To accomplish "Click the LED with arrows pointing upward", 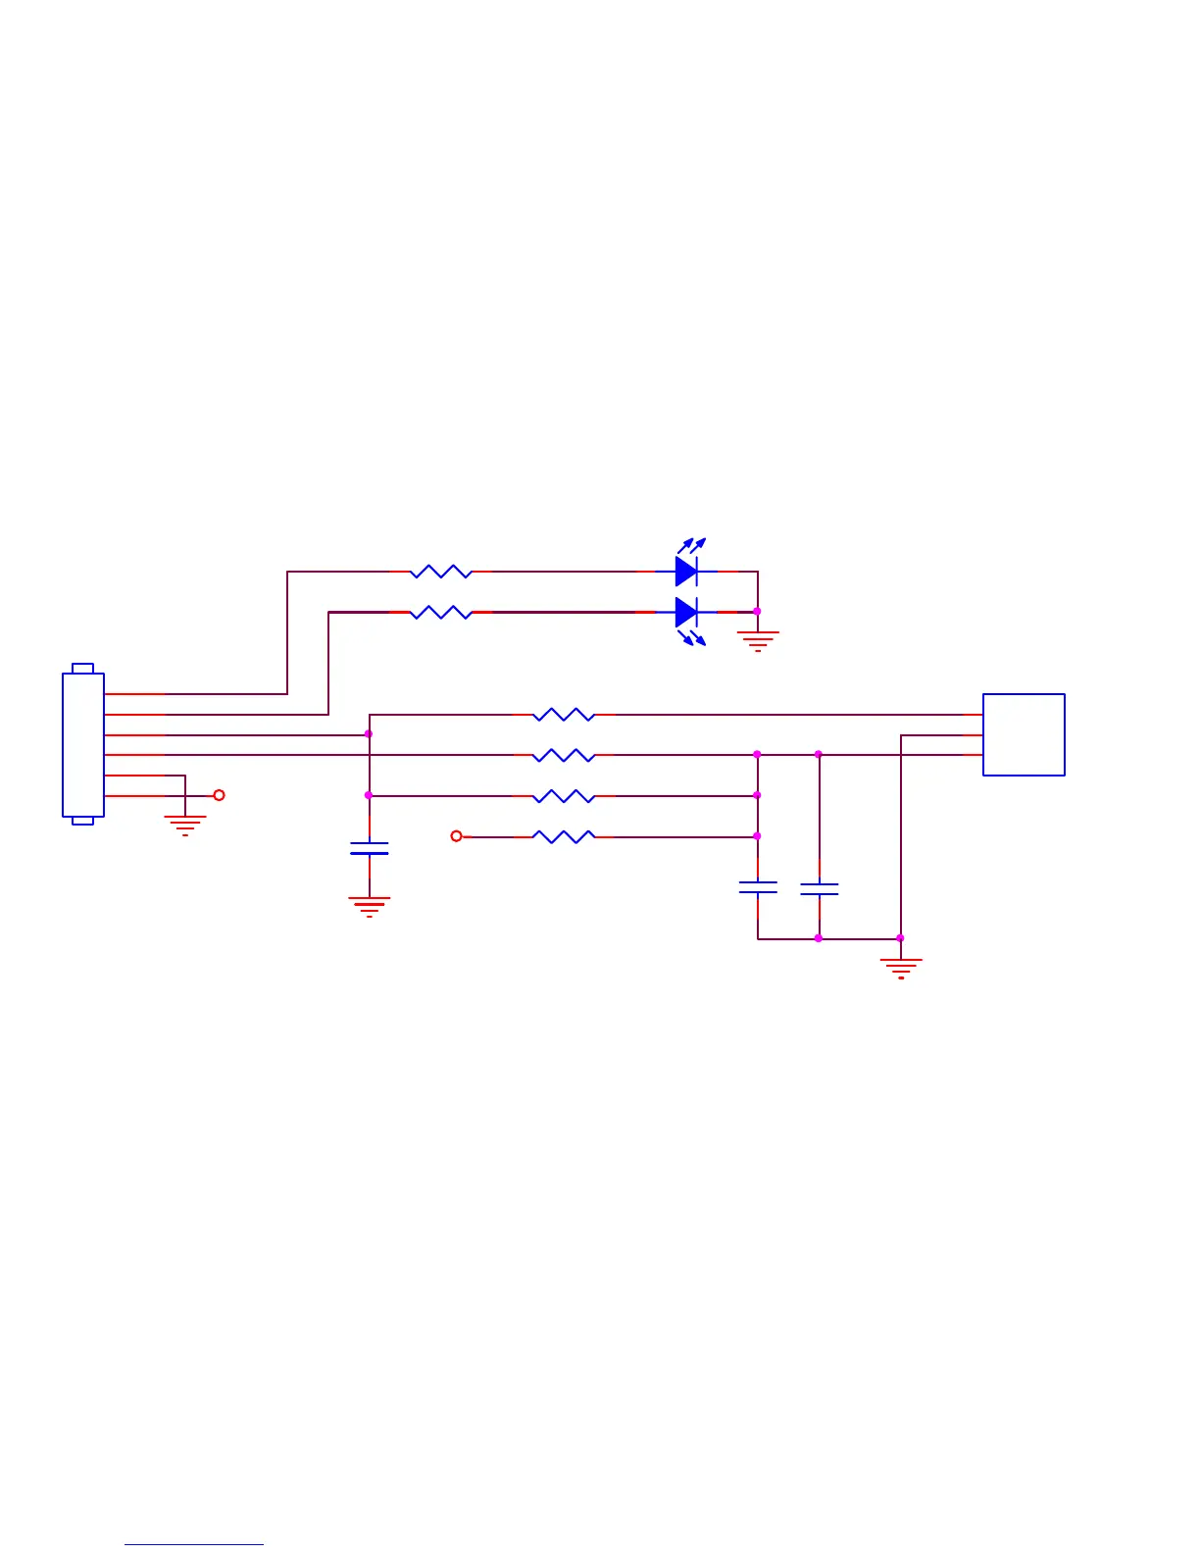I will tap(687, 570).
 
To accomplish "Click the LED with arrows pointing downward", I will tap(687, 613).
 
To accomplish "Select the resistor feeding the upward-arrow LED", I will tap(441, 572).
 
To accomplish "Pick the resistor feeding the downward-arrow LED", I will tap(441, 613).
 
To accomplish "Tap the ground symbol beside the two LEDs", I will tap(758, 640).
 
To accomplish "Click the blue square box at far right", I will tap(1024, 734).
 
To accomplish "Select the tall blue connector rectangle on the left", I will tap(83, 744).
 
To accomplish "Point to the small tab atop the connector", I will tap(83, 669).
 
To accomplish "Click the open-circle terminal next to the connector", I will tap(219, 795).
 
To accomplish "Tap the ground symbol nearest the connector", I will tap(185, 825).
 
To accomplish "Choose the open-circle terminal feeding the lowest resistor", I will tap(456, 836).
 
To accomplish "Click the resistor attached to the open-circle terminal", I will tap(564, 836).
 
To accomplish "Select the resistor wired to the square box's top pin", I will tap(564, 715).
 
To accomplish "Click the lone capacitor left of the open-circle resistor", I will tap(370, 848).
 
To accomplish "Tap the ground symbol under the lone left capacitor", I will tap(370, 906).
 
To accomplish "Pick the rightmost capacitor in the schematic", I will tap(820, 889).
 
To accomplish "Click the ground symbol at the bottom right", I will tap(901, 968).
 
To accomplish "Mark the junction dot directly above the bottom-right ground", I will tap(901, 938).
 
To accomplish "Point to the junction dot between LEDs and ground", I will tap(757, 612).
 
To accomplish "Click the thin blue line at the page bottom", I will tap(193, 1545).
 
